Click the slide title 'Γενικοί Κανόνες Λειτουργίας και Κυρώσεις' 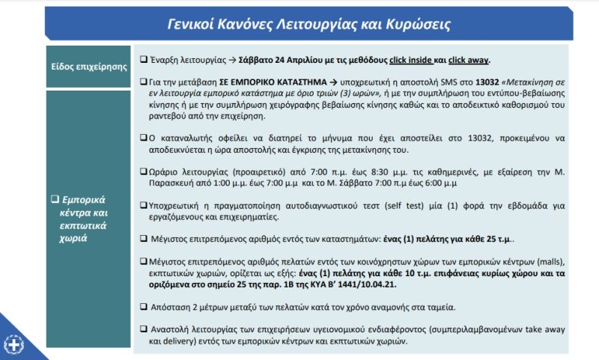(x=308, y=24)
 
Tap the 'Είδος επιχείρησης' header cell (x=88, y=66)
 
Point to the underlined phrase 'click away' (x=469, y=59)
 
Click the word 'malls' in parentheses (x=546, y=261)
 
